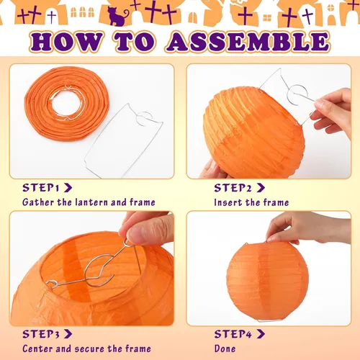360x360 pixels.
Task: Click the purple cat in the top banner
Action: click(x=117, y=16)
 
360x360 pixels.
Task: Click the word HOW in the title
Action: click(x=67, y=42)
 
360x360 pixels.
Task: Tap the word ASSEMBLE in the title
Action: click(x=248, y=42)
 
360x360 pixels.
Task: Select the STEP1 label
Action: click(x=41, y=188)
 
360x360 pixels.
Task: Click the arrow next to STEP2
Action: click(x=261, y=188)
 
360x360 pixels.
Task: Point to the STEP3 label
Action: click(x=41, y=334)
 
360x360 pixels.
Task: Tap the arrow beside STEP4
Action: click(x=261, y=334)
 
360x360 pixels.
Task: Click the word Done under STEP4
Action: click(x=225, y=348)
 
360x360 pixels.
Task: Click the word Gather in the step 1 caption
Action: click(x=38, y=202)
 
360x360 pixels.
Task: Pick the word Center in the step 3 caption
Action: click(x=38, y=348)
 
